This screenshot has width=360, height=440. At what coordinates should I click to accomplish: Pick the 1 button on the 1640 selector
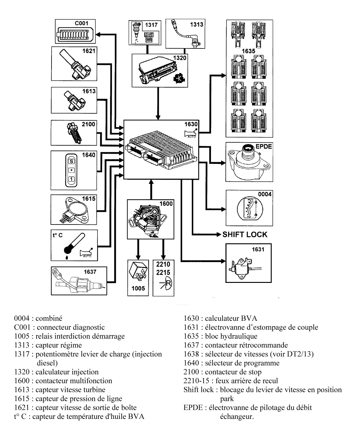click(x=71, y=179)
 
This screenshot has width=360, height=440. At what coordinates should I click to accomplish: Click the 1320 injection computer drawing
click(x=157, y=72)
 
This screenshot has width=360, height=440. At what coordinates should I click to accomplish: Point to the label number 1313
click(x=196, y=24)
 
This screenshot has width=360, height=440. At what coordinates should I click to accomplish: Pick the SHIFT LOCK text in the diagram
click(x=245, y=234)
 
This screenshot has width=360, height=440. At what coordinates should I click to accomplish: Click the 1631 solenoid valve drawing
click(x=241, y=266)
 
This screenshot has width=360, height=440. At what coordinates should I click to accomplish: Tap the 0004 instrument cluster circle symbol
click(x=250, y=209)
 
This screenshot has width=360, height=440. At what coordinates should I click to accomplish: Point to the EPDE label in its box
click(x=263, y=146)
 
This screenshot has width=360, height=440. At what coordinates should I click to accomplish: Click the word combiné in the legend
click(x=49, y=318)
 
